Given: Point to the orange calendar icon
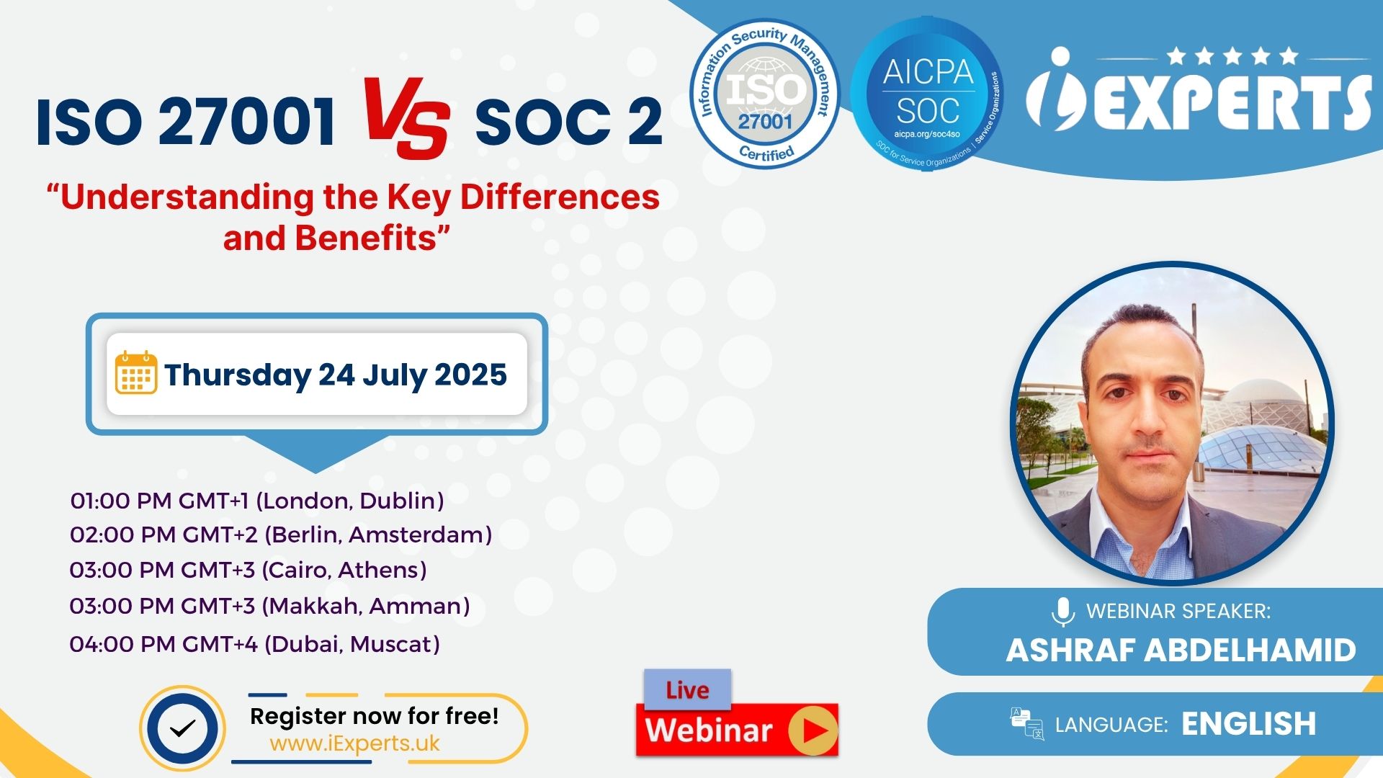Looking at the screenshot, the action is coord(135,372).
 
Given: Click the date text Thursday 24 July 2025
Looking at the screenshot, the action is coord(336,375).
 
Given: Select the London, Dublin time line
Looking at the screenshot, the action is coord(257,501).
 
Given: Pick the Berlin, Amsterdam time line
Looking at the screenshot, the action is coord(281,535).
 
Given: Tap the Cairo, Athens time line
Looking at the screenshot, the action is coord(249,570).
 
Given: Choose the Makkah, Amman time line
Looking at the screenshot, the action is coord(270,606).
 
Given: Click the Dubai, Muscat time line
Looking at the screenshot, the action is coord(255,643).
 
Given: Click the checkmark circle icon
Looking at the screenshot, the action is coord(182,728).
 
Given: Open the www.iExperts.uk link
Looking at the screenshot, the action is coord(354,743).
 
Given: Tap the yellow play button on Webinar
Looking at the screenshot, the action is coord(813,731).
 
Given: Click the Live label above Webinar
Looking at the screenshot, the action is coord(687,690).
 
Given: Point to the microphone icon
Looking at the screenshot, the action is coord(1062,612).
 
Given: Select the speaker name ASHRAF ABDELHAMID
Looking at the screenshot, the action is coord(1181,650).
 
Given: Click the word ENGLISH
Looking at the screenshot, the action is coord(1249,724).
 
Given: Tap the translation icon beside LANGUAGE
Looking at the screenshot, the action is coord(1027,723).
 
